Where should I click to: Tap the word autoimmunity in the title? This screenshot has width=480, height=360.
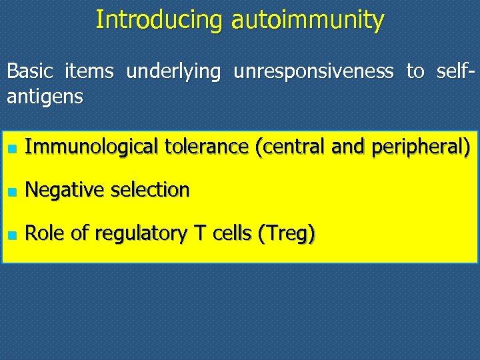307,20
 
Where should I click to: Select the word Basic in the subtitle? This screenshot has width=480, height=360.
30,71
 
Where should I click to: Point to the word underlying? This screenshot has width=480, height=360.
173,71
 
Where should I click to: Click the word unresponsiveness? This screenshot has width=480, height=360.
313,71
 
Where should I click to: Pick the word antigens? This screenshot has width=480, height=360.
45,97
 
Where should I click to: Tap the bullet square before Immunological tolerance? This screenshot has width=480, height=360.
11,147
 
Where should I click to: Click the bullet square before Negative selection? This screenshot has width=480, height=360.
11,191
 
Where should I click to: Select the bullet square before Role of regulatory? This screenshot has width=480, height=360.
11,235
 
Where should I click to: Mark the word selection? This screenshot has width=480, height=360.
150,190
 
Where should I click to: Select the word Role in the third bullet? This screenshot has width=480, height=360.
43,234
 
